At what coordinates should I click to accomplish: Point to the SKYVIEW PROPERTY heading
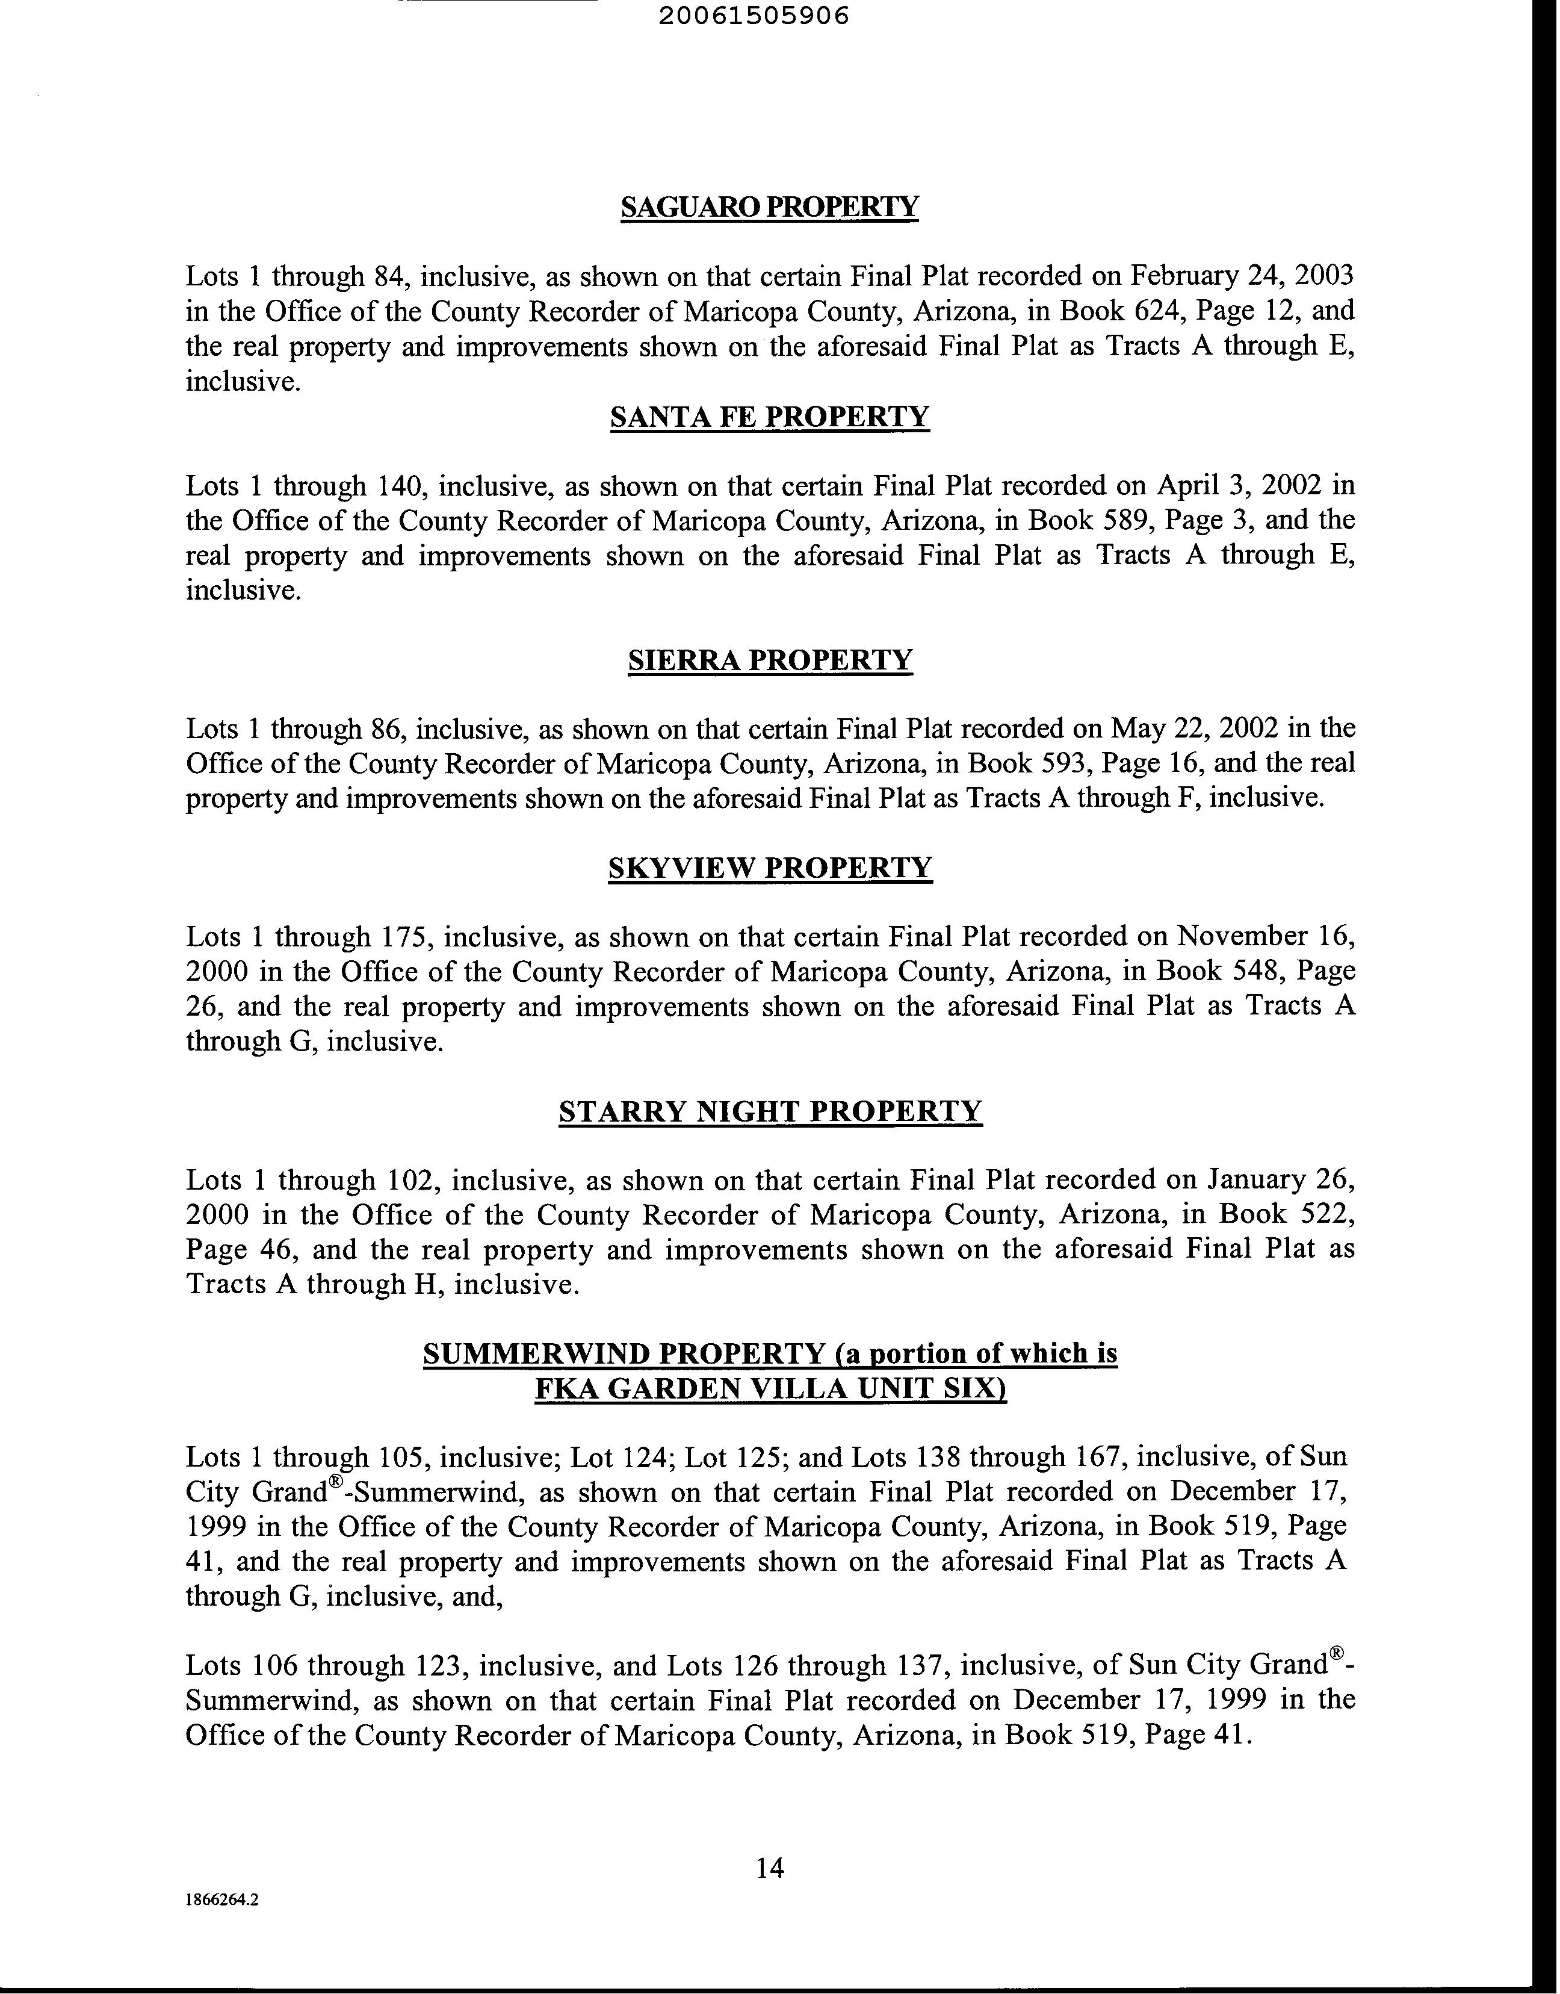point(770,867)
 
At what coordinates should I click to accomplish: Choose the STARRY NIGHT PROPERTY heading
point(770,1111)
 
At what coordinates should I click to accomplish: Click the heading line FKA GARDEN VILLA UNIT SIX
point(770,1390)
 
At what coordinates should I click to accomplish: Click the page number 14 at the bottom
point(770,1867)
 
